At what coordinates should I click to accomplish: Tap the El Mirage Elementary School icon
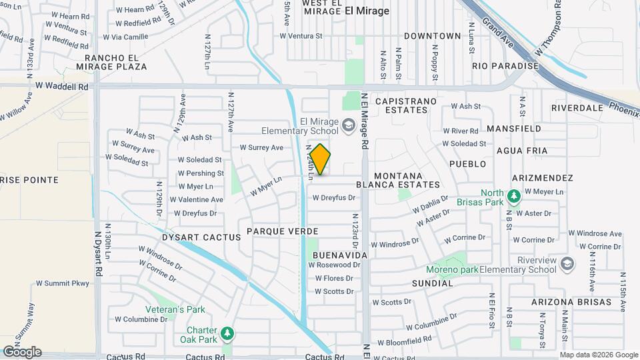348,125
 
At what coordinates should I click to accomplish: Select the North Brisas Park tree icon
513,196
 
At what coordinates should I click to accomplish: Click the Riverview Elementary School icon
567,264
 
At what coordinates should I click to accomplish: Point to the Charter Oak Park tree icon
227,333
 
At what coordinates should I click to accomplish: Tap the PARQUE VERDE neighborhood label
283,231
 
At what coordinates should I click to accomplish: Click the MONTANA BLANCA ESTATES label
398,179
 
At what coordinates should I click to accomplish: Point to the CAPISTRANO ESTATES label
406,106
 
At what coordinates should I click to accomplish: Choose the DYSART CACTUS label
192,237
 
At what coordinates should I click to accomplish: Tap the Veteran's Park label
176,309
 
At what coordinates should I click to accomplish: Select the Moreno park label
453,270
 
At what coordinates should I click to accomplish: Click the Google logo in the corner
21,352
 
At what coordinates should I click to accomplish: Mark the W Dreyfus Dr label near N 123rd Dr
334,197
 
